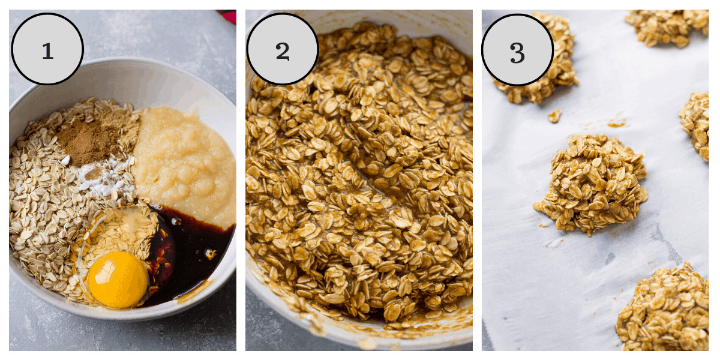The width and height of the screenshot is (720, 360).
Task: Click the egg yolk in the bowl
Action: click(118, 279)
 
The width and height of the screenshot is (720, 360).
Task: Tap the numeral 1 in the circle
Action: click(47, 51)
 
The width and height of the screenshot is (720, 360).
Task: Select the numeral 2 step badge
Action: click(283, 49)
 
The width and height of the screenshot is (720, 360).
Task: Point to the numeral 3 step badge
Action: click(517, 50)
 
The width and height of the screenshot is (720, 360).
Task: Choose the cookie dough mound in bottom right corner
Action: click(664, 310)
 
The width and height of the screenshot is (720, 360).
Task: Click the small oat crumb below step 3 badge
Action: click(554, 116)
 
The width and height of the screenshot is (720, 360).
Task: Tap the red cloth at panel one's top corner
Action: click(227, 16)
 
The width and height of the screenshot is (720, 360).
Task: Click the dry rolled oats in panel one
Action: click(48, 199)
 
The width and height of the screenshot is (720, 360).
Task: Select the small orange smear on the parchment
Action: click(617, 123)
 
